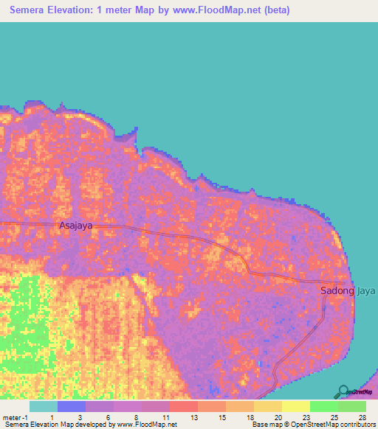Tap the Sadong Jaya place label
[x=347, y=290]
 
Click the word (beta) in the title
[x=273, y=10]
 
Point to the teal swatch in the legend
[x=44, y=406]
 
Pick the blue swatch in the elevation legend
[x=72, y=406]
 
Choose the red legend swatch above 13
[x=184, y=406]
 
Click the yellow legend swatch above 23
[x=296, y=406]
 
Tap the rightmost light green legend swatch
[x=352, y=406]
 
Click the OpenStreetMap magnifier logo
[x=344, y=392]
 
